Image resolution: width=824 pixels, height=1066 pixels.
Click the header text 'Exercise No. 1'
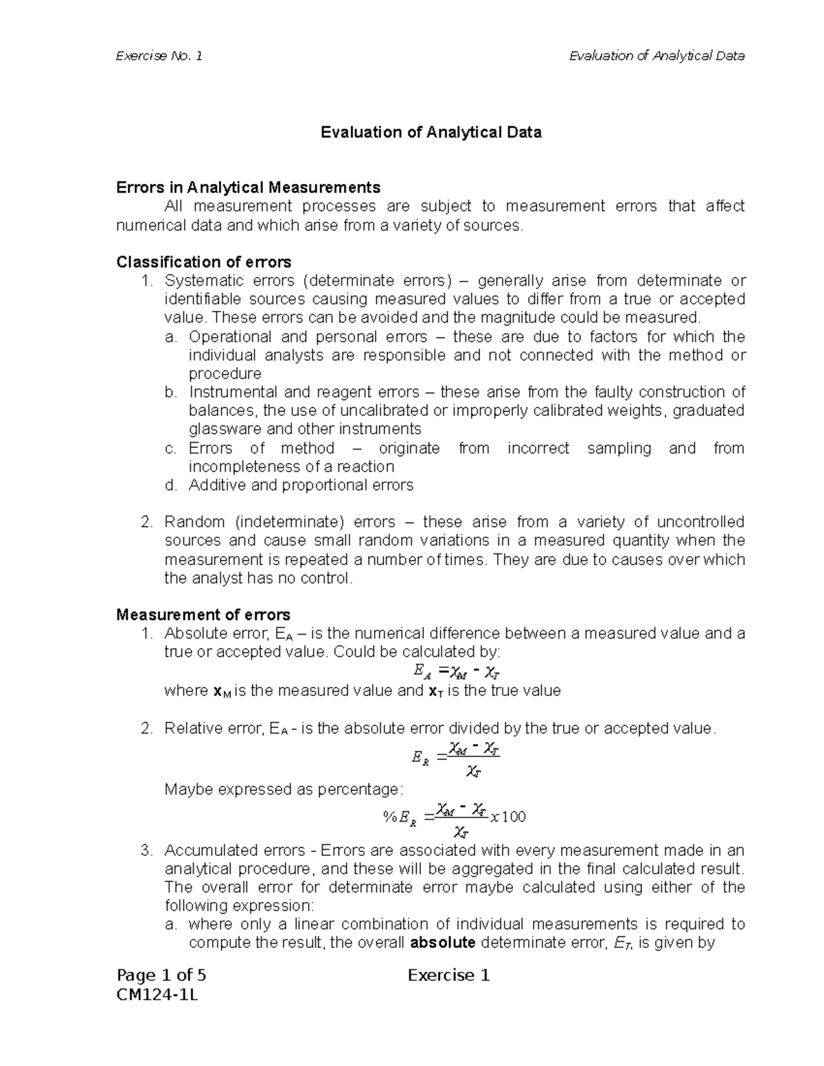159,56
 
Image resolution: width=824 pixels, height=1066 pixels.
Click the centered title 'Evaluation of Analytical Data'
431,132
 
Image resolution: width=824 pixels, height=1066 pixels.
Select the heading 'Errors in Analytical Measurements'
248,187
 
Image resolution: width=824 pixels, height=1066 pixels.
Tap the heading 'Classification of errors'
204,262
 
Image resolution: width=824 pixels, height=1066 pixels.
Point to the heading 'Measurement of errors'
203,614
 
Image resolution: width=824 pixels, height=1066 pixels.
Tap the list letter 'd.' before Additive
171,485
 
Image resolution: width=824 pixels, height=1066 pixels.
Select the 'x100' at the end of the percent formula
508,816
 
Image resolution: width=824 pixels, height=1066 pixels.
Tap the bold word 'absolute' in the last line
442,942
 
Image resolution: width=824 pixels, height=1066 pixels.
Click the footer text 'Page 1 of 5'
161,975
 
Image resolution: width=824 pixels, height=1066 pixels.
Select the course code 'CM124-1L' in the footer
157,995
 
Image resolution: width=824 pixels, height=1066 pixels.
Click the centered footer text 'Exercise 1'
448,975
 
